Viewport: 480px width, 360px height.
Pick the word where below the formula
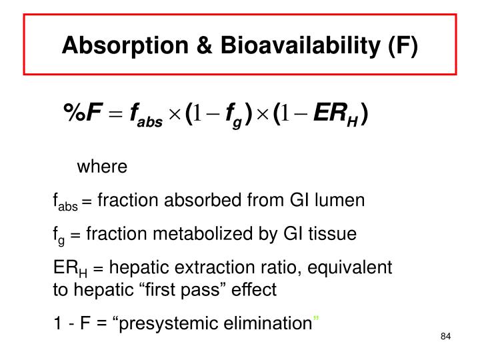tap(102, 166)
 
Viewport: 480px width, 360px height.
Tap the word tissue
tap(335, 234)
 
